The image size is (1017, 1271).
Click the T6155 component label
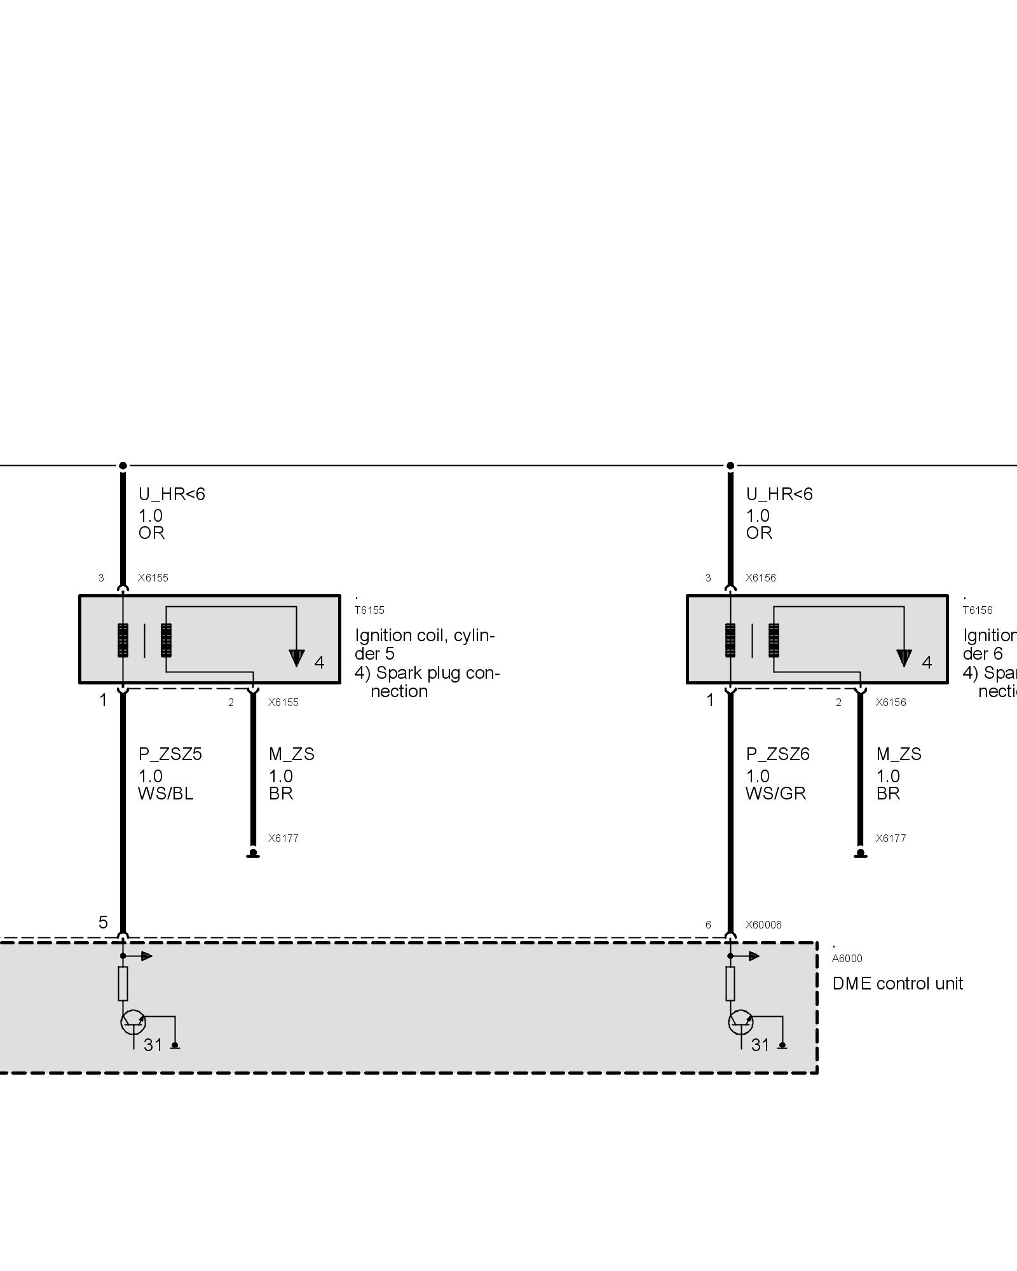369,610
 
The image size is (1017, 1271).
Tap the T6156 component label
977,610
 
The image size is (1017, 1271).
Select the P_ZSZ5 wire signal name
170,754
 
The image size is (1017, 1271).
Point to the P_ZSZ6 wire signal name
778,754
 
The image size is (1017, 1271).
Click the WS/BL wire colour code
166,794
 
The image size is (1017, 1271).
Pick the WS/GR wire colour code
776,794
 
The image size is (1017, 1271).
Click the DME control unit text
898,984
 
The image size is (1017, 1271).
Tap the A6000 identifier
847,959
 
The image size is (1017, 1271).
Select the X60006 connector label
763,925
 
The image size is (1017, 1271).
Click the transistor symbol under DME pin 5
133,1023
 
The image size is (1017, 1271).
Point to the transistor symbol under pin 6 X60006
741,1023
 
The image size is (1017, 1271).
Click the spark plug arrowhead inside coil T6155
296,658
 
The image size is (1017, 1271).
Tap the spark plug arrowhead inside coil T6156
904,658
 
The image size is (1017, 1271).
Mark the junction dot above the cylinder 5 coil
123,466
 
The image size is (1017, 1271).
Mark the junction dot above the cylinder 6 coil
730,466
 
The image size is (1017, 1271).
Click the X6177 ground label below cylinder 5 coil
283,838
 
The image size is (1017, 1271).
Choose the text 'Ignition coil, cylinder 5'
425,644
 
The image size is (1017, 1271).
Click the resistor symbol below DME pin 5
123,984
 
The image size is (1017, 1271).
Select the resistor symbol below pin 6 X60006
730,984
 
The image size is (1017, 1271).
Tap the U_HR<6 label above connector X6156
779,494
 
